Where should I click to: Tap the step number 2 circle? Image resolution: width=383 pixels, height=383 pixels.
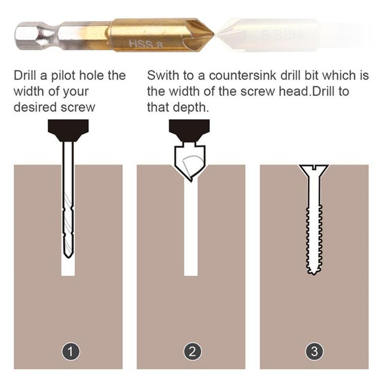coord(192,352)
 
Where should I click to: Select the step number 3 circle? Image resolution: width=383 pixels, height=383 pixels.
coord(314,352)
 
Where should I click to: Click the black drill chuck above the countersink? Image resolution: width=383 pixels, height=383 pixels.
coord(190,130)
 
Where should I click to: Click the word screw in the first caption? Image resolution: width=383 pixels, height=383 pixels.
coord(79,107)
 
